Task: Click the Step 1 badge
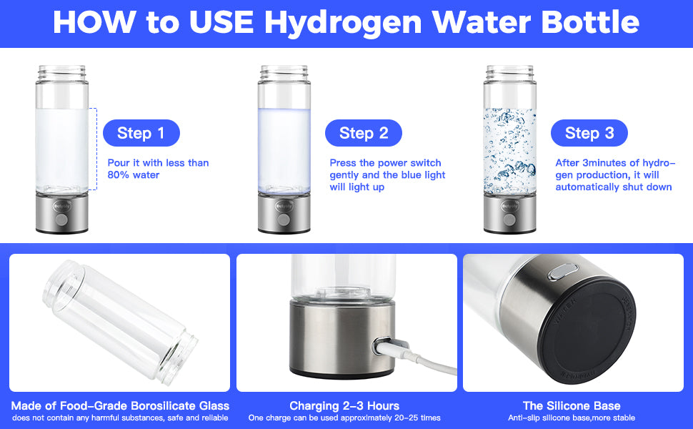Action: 141,133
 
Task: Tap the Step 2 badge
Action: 364,133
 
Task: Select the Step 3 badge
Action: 589,133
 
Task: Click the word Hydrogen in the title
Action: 344,23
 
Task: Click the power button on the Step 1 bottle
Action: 62,220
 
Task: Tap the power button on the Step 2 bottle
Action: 284,220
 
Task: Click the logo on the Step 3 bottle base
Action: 509,207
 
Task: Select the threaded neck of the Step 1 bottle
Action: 62,74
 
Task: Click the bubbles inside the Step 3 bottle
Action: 509,150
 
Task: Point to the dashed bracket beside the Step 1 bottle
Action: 94,149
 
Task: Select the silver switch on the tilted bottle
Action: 563,271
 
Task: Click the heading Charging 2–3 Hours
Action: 344,405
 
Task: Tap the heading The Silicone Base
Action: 572,405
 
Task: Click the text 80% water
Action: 134,174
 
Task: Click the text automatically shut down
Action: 614,187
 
